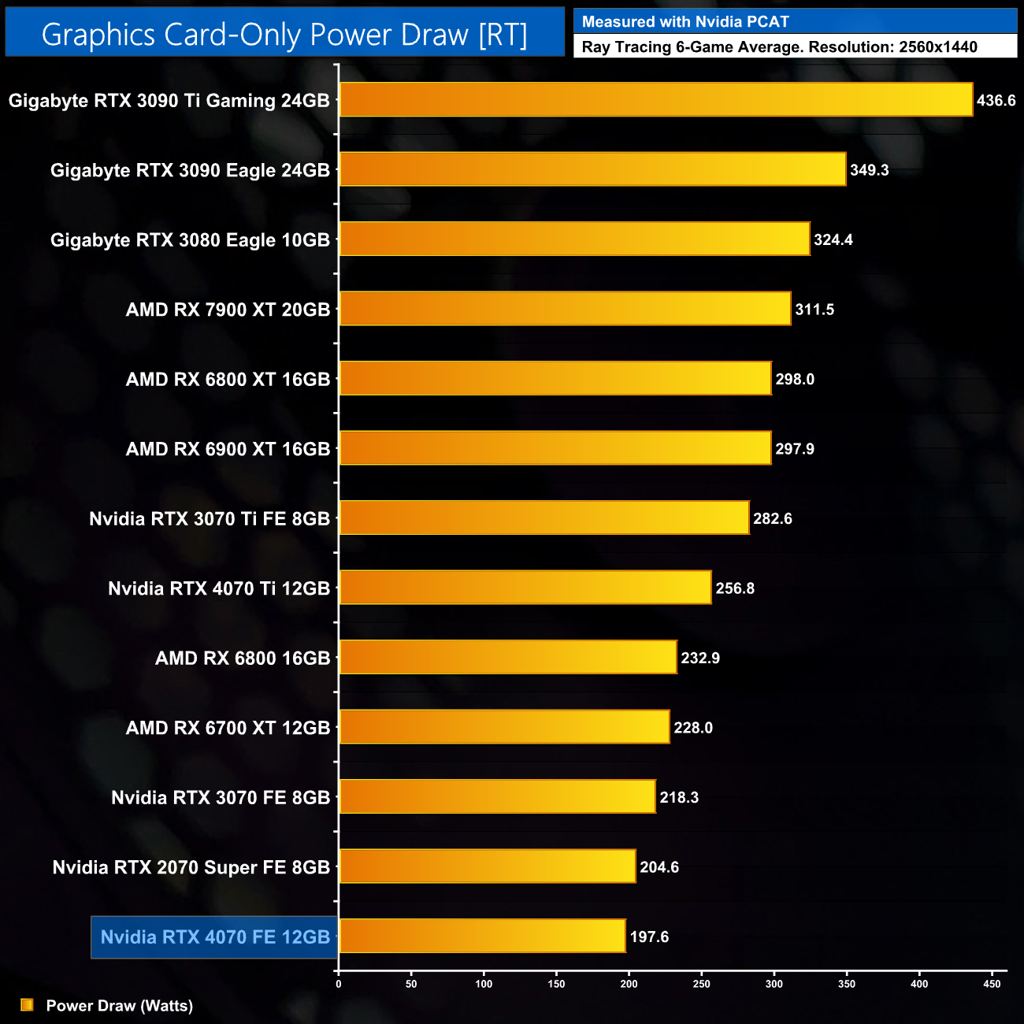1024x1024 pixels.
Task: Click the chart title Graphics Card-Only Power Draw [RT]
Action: pos(284,35)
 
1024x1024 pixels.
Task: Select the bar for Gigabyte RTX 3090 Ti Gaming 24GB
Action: pos(655,100)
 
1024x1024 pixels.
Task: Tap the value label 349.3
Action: pos(869,170)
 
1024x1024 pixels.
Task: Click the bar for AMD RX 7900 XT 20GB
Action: pos(564,309)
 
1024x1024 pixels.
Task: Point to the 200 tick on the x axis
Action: pos(629,984)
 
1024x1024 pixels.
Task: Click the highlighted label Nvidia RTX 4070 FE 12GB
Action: pos(215,937)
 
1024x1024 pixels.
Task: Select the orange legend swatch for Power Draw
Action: pos(27,1005)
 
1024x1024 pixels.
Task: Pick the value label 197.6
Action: pos(649,937)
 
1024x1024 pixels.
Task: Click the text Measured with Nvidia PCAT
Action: pos(685,22)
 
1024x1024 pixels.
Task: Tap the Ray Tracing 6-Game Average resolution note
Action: pos(779,47)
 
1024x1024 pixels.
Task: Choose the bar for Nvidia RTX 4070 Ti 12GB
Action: pos(525,588)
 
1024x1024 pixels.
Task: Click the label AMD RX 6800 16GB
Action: pos(243,659)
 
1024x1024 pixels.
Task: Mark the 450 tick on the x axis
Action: pos(992,984)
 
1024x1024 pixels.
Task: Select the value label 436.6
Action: pos(996,101)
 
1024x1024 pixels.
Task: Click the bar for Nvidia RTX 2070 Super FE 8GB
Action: pos(487,866)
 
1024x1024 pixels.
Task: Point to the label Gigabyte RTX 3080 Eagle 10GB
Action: pos(190,240)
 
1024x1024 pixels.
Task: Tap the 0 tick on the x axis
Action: pos(339,984)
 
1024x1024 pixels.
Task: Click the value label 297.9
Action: pos(794,449)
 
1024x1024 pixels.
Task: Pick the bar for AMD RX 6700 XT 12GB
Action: pos(504,727)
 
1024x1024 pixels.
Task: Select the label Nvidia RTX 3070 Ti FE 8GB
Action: pos(210,519)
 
